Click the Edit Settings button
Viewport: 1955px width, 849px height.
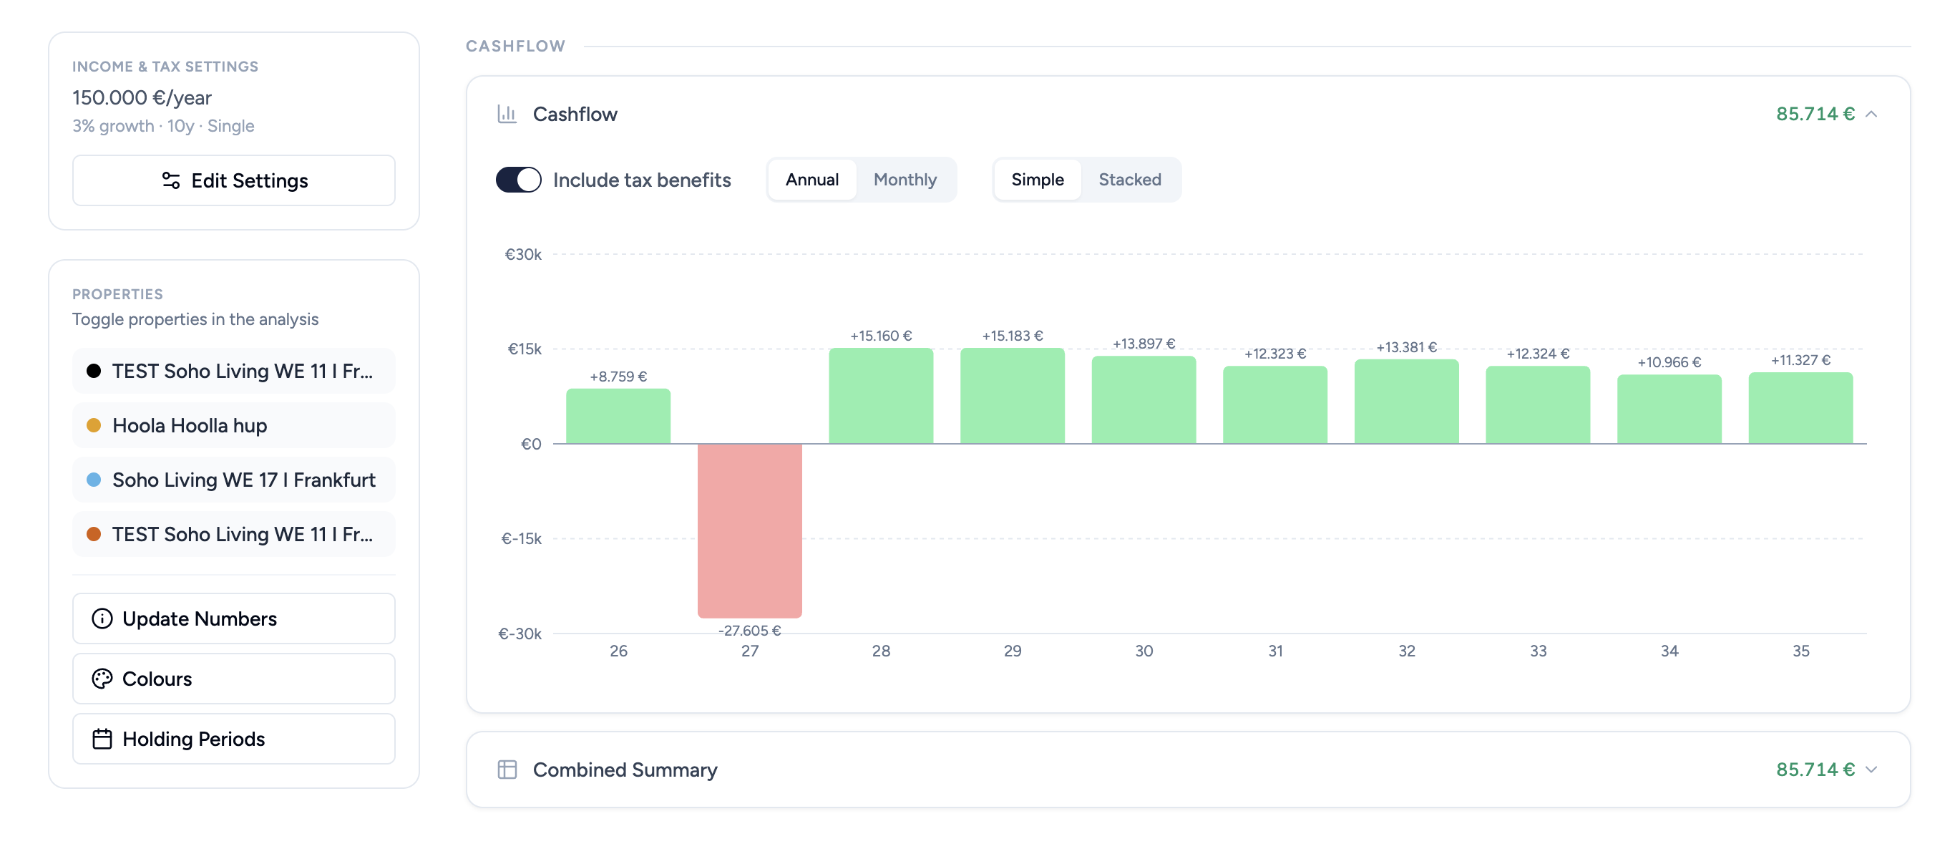click(234, 180)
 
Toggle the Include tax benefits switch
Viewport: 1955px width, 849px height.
click(518, 180)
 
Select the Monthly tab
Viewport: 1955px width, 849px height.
click(905, 180)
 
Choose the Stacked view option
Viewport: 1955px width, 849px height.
click(1129, 180)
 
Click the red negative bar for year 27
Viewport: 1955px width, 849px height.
click(749, 530)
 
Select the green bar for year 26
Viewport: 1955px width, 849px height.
click(618, 416)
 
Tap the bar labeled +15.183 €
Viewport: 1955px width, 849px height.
click(1012, 396)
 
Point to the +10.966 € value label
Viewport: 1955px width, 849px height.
click(1669, 362)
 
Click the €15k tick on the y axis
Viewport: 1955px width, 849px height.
click(525, 349)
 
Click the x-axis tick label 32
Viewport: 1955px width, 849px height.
click(1406, 651)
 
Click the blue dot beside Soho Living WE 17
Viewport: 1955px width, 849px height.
click(94, 480)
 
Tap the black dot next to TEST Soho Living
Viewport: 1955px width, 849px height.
click(94, 371)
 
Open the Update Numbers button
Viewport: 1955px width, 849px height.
click(234, 618)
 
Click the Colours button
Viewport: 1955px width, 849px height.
click(234, 678)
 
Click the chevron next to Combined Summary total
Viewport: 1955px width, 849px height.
click(1871, 770)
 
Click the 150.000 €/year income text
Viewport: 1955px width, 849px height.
click(142, 98)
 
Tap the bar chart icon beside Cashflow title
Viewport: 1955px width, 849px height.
click(507, 114)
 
